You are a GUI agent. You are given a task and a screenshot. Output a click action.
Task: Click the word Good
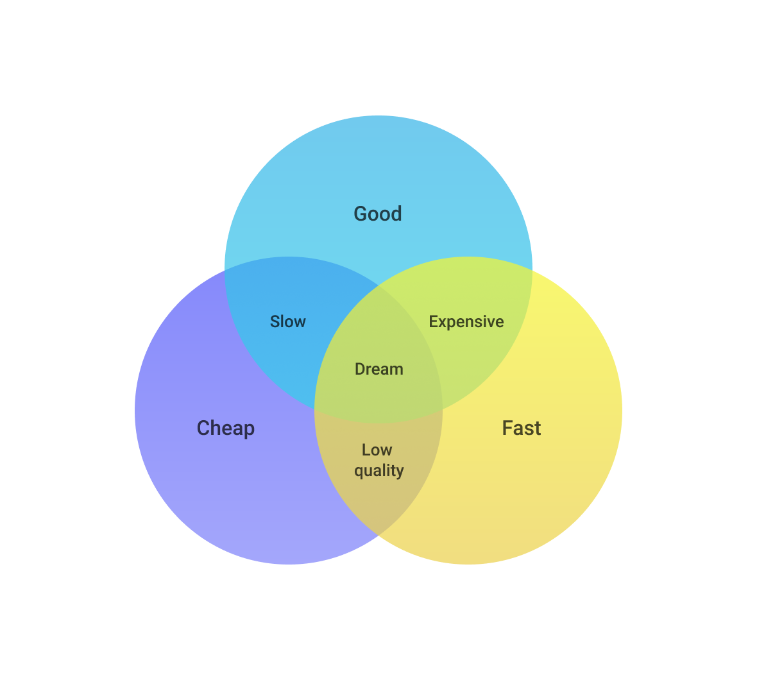[x=377, y=214]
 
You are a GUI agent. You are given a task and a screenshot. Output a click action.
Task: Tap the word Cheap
[x=225, y=429]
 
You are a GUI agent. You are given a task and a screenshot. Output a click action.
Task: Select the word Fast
[x=522, y=428]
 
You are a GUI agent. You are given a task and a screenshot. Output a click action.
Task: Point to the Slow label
[x=288, y=321]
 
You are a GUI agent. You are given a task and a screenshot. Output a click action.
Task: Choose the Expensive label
[x=466, y=322]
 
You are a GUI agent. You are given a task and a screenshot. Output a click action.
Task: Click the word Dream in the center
[x=379, y=370]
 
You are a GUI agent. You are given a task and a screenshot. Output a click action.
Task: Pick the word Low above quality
[x=377, y=450]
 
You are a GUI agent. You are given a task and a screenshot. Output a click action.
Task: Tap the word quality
[x=379, y=470]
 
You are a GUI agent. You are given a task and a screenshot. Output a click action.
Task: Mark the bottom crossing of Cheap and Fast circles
[x=378, y=536]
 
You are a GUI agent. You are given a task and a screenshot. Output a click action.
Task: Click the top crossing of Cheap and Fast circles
[x=378, y=285]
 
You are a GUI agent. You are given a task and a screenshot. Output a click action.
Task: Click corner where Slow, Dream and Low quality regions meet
[x=315, y=411]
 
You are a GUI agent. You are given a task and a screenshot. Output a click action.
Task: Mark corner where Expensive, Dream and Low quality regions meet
[x=442, y=411]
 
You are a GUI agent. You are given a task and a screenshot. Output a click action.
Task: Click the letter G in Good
[x=360, y=214]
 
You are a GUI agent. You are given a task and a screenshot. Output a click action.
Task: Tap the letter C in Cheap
[x=203, y=428]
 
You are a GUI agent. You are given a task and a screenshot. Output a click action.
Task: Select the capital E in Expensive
[x=433, y=321]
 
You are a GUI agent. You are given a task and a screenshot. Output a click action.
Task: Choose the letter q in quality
[x=359, y=472]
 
